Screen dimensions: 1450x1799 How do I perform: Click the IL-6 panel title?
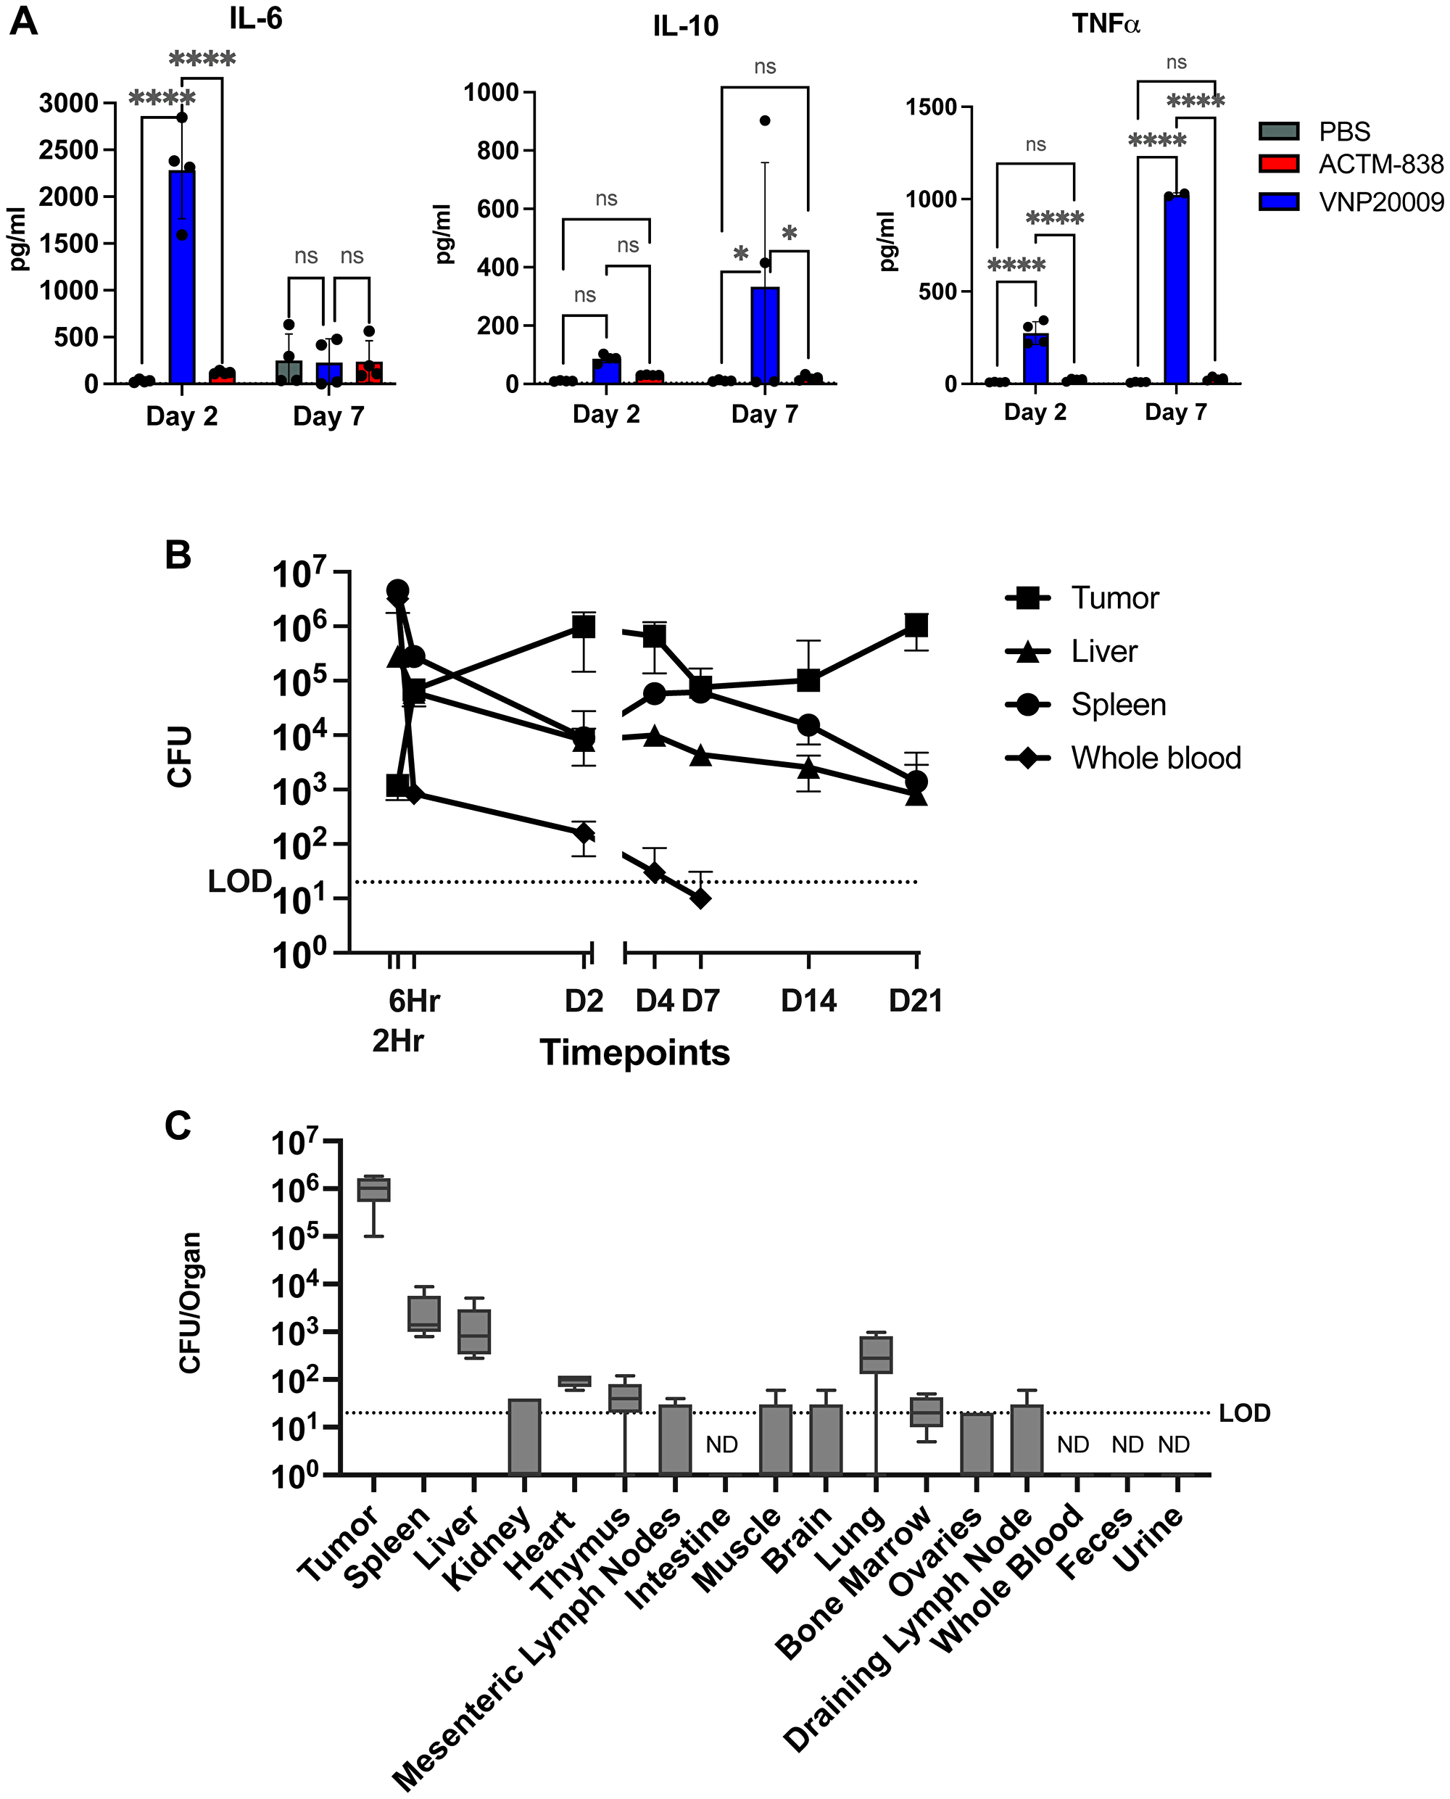point(256,18)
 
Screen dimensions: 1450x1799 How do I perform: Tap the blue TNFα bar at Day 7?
point(1176,289)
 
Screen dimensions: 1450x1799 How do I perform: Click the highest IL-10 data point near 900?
point(765,120)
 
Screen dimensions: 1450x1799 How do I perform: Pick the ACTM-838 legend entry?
point(1351,165)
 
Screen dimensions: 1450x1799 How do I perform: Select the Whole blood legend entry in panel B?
point(1124,758)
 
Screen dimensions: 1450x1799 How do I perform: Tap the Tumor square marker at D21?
point(916,626)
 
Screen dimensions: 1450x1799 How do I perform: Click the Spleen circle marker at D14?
point(808,725)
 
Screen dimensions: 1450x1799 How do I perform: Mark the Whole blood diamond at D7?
point(701,898)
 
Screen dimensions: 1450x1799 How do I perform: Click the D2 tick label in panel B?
point(584,1001)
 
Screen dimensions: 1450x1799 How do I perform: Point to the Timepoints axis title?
point(635,1053)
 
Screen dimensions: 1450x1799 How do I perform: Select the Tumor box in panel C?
point(374,1189)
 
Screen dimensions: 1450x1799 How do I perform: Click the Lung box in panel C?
point(875,1355)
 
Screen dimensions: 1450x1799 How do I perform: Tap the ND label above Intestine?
point(721,1445)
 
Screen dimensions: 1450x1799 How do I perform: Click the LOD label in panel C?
point(1245,1413)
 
